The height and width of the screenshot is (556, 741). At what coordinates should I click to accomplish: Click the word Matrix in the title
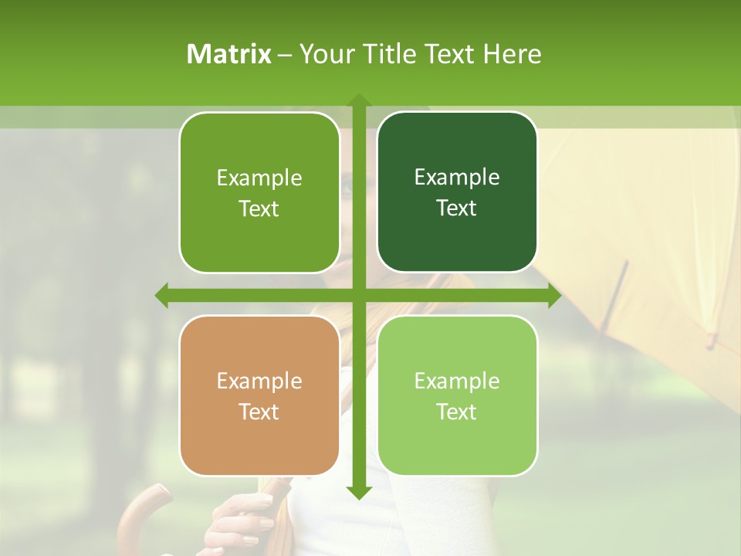pos(228,54)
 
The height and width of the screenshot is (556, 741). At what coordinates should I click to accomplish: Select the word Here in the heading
pos(512,54)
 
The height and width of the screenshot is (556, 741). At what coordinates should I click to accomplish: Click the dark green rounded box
pos(457,192)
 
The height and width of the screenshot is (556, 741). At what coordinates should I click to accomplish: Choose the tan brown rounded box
pos(259,396)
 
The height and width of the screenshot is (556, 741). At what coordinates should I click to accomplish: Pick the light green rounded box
pos(457,396)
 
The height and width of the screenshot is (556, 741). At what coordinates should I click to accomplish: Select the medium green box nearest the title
pos(259,192)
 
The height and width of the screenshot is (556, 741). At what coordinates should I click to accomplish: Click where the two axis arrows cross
pos(358,295)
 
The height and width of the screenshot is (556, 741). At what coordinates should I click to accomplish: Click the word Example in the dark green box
pos(457,178)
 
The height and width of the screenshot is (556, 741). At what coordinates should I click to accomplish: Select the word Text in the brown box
pos(259,412)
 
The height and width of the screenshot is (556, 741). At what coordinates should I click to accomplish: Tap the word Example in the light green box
pos(457,381)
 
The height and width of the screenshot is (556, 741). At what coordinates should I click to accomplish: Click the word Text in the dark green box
pos(457,208)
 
